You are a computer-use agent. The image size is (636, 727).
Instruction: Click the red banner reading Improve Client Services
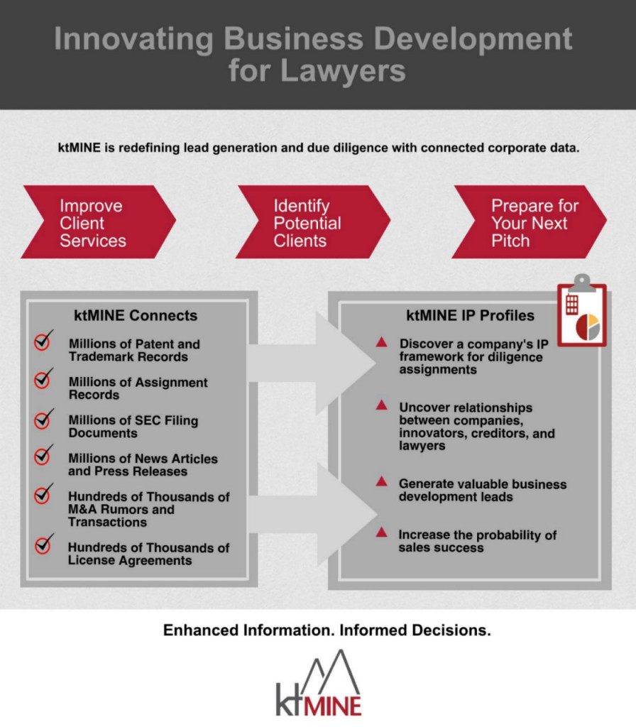point(98,222)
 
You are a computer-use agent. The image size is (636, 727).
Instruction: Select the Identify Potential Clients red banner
point(313,222)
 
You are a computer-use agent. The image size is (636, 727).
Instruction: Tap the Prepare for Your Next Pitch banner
point(529,222)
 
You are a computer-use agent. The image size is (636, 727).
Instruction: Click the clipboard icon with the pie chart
point(582,311)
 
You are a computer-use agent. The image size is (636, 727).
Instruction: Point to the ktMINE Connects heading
point(136,315)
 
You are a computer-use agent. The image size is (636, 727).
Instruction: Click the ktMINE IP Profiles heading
point(470,315)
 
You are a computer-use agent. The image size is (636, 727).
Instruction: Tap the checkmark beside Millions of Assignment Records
point(43,379)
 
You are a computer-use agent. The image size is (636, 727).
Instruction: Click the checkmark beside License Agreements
point(44,543)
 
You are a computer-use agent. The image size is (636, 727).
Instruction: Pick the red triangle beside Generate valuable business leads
point(381,481)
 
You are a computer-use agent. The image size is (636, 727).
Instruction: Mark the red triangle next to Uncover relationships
point(381,405)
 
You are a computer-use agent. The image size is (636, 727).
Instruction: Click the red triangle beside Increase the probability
point(381,532)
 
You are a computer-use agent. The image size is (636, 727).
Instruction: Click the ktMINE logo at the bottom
point(319,684)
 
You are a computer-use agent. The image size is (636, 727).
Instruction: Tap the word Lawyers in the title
point(343,71)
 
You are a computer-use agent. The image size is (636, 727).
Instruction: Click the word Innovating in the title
point(133,39)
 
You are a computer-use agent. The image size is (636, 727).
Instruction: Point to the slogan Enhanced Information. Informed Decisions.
point(327,630)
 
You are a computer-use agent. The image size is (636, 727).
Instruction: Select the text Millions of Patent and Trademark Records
point(134,351)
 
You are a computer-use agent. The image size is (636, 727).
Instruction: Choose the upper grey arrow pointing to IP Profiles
point(312,363)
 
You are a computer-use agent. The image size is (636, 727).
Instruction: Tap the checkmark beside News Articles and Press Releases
point(43,455)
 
